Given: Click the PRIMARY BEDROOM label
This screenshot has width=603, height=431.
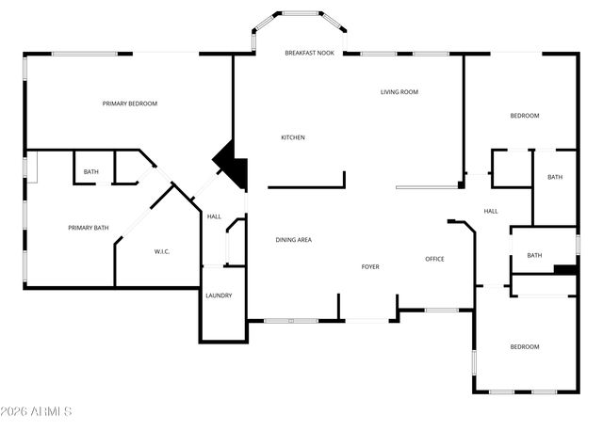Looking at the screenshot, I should point(130,104).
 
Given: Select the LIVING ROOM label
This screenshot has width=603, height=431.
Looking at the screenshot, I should point(399,92).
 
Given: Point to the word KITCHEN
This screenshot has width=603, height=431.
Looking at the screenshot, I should point(293,137).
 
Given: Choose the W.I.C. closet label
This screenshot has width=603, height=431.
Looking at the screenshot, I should point(161,251).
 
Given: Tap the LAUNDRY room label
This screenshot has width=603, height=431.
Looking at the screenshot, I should point(219,295).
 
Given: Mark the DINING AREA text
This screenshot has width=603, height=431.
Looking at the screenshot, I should point(293,240).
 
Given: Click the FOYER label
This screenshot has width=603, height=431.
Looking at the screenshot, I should point(370,266).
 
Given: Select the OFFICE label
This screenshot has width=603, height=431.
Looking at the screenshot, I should point(434,259).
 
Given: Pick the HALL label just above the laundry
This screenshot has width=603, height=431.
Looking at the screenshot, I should point(214,216).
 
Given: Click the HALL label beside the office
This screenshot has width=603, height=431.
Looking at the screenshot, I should point(491,211).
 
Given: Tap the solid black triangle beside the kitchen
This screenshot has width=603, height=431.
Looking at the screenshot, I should point(232,162).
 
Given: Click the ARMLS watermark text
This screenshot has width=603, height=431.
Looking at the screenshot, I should point(38,411).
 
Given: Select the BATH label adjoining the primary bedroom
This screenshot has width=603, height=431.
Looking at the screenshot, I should point(90,171).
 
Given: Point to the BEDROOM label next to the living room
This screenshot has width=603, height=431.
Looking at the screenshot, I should point(525,116).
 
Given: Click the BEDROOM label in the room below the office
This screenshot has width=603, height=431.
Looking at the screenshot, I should point(525,346).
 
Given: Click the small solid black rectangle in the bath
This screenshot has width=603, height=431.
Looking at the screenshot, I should point(565,270).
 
